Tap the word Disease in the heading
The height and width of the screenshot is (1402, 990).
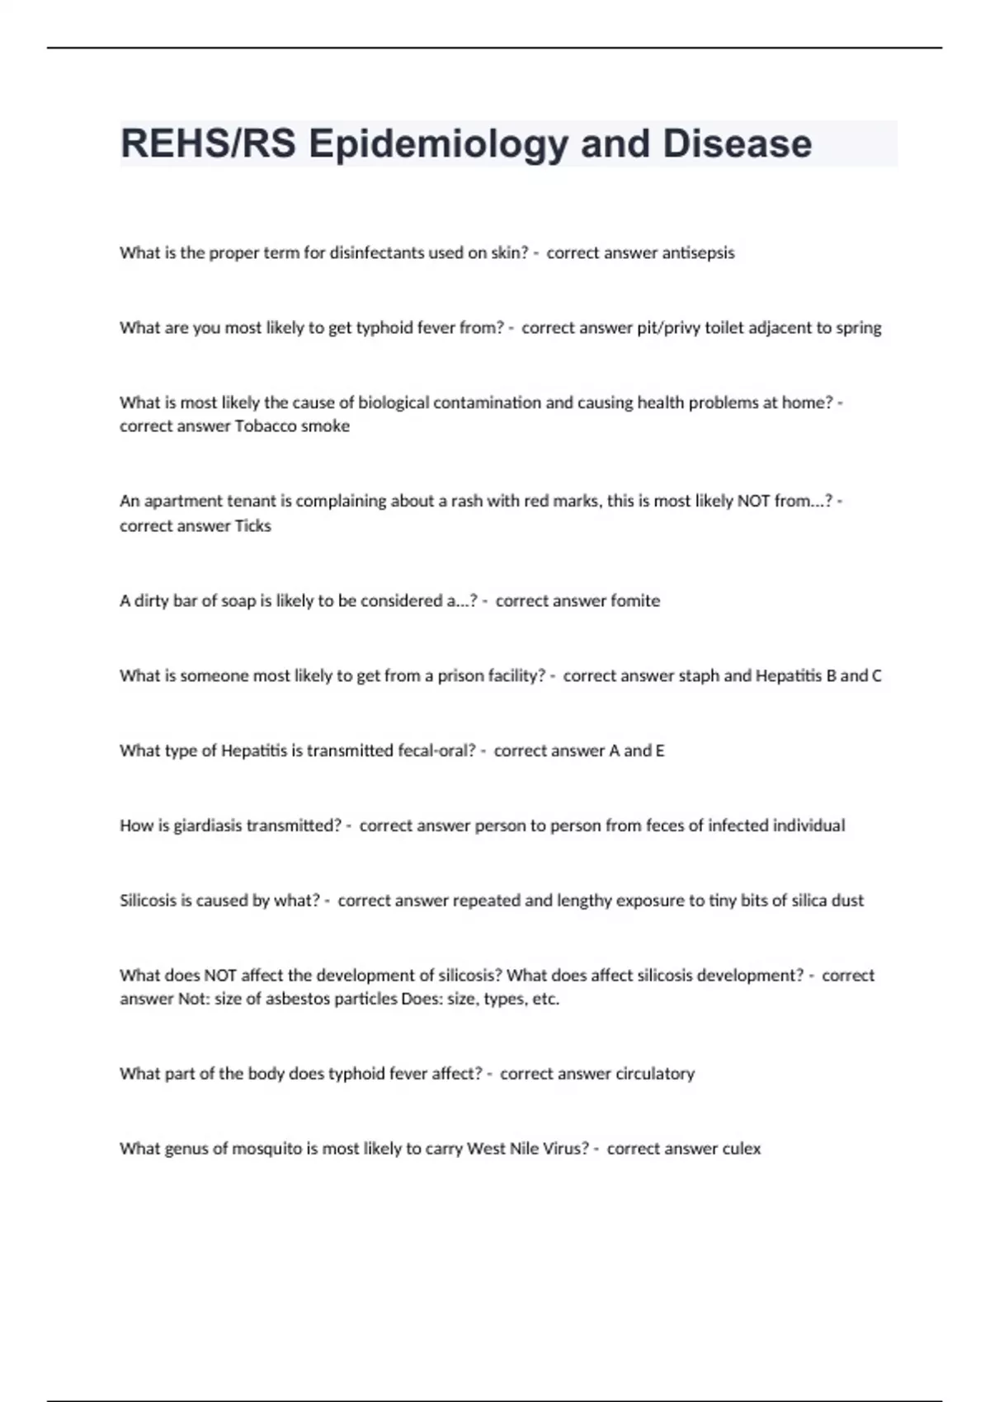737,143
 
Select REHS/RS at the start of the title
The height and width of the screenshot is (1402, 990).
208,143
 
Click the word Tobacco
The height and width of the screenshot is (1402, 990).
267,426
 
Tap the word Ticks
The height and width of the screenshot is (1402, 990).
252,526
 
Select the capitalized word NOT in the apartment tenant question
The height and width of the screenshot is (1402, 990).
754,501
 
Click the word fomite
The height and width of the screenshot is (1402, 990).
634,601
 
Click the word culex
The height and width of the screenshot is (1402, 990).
741,1149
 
